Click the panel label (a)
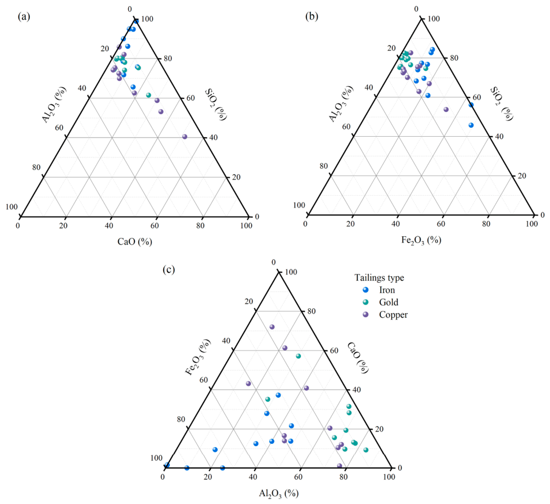tap(24, 16)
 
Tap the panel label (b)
tap(312, 16)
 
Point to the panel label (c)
tap(169, 269)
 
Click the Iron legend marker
tap(366, 290)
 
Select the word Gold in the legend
tap(388, 302)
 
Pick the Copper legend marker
tap(366, 314)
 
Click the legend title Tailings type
tap(379, 278)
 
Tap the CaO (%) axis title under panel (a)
tap(135, 242)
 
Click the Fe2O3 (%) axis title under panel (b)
tap(421, 240)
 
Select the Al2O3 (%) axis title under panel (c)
tap(278, 494)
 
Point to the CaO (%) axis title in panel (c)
tap(358, 358)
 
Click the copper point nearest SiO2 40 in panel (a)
tap(184, 137)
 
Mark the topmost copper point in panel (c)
tap(272, 327)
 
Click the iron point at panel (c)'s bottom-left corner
tap(167, 465)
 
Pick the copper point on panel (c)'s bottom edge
tap(339, 466)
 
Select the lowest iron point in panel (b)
tap(471, 125)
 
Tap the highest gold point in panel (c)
tap(299, 356)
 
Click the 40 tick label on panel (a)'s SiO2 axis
tap(213, 137)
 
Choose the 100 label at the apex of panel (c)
tap(291, 272)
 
